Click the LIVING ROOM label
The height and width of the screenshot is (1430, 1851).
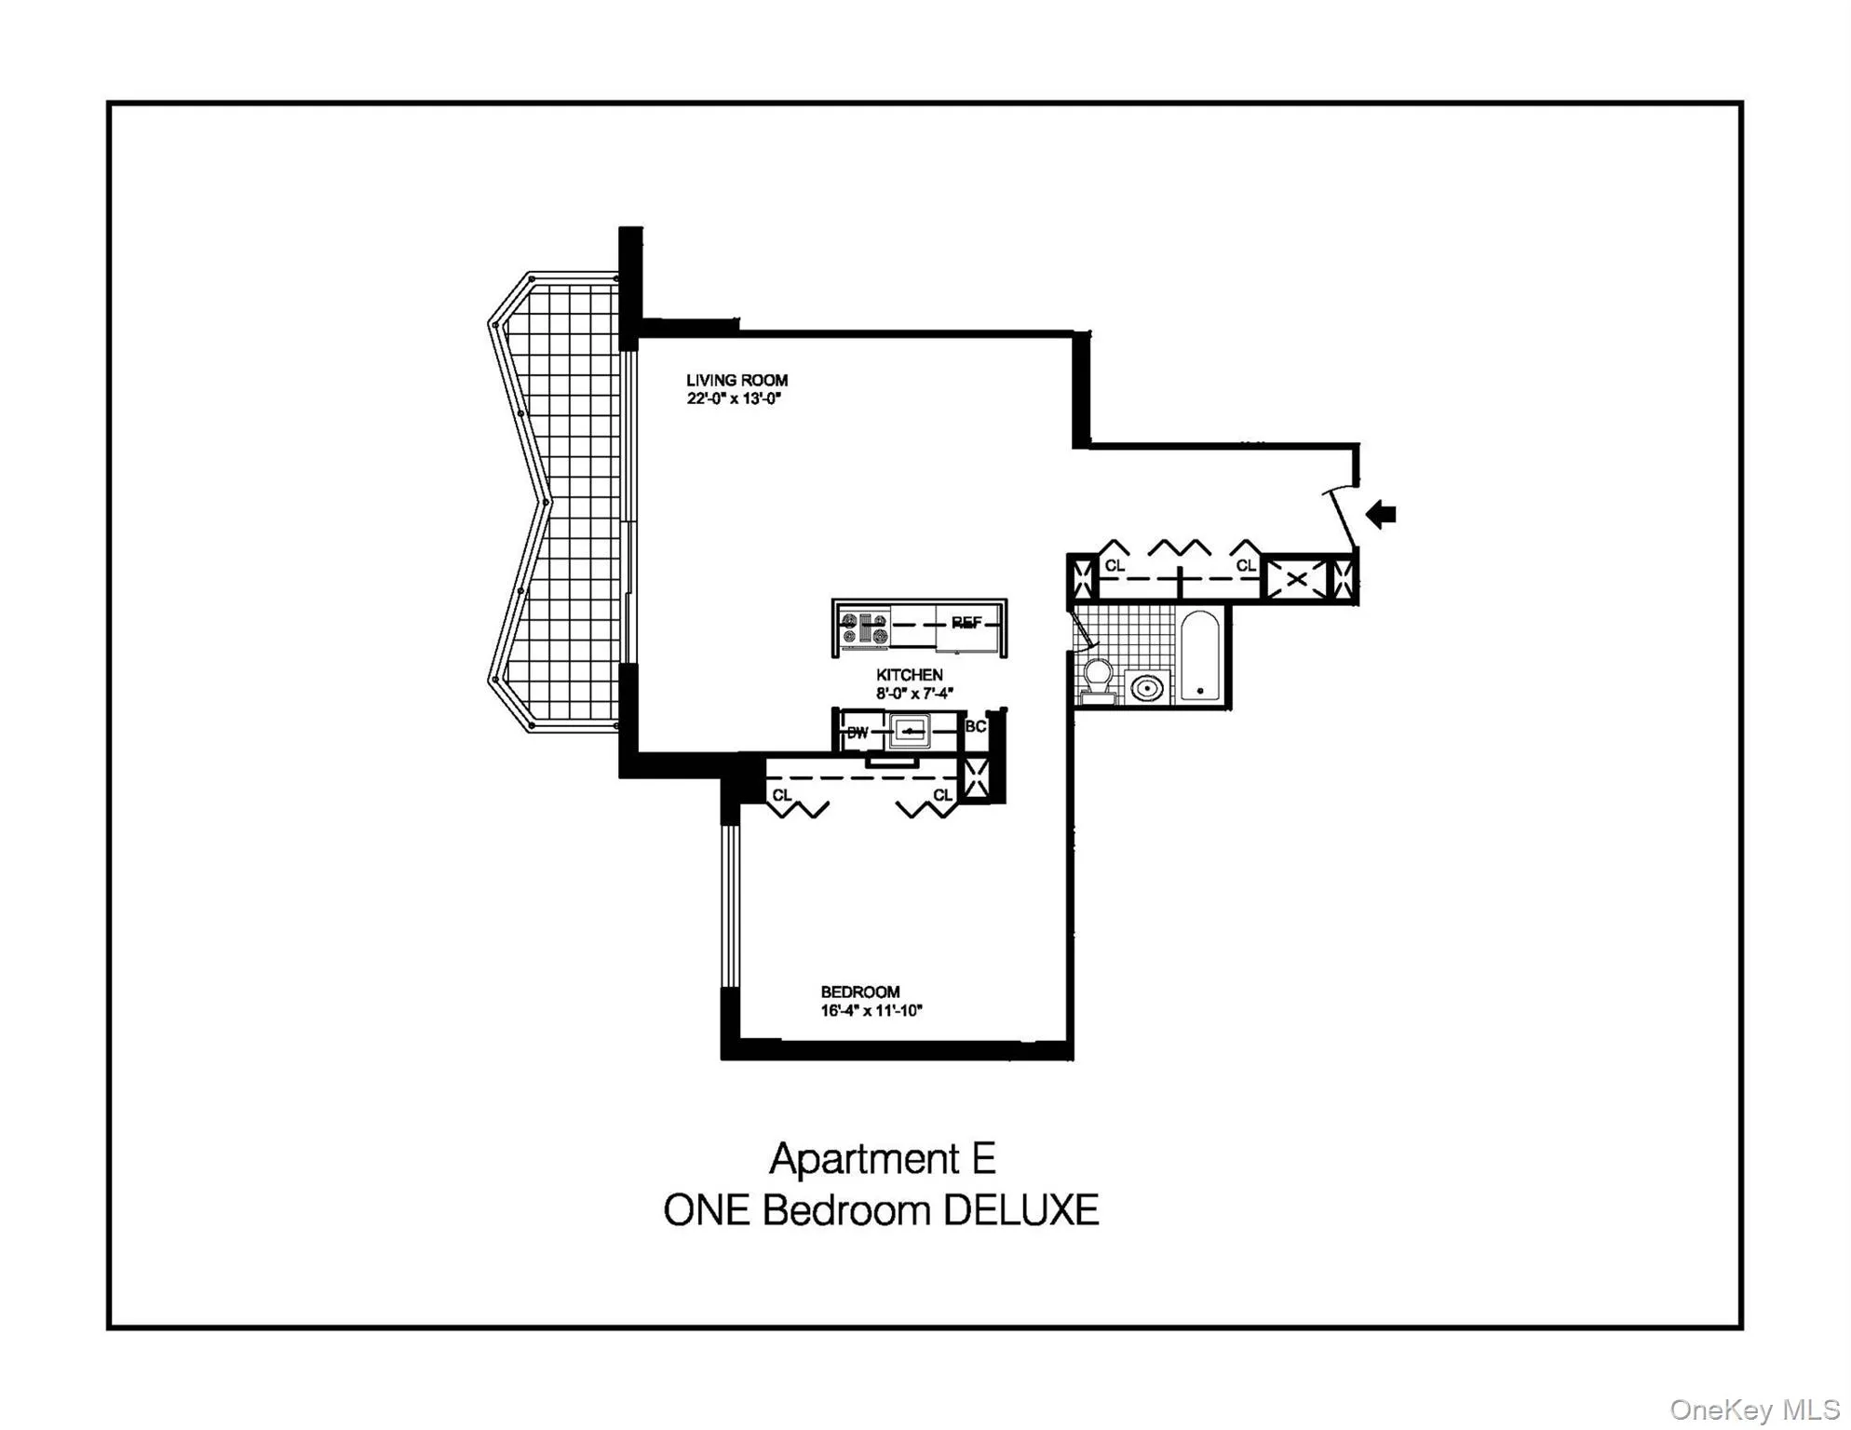click(736, 380)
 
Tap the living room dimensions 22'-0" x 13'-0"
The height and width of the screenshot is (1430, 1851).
click(733, 398)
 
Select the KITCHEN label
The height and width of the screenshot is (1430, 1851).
click(909, 675)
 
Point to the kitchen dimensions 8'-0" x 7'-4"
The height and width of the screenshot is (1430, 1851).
click(913, 694)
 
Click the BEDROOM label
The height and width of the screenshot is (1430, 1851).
click(859, 992)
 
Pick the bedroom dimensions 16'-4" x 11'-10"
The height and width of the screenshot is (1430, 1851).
click(871, 1011)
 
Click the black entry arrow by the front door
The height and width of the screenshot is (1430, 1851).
click(1381, 514)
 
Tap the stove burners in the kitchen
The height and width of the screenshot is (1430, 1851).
click(863, 629)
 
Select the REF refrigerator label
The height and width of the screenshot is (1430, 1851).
click(966, 623)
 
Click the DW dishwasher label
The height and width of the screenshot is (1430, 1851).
click(857, 733)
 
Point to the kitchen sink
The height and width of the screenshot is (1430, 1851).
click(910, 731)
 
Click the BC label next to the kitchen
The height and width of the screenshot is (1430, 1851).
click(975, 726)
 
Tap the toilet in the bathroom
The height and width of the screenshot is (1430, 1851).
click(1098, 680)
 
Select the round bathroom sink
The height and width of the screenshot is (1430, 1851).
click(1146, 688)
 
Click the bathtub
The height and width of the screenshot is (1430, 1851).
click(1199, 654)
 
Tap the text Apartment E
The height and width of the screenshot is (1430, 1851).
click(882, 1159)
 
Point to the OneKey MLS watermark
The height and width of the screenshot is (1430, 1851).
click(1753, 1410)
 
